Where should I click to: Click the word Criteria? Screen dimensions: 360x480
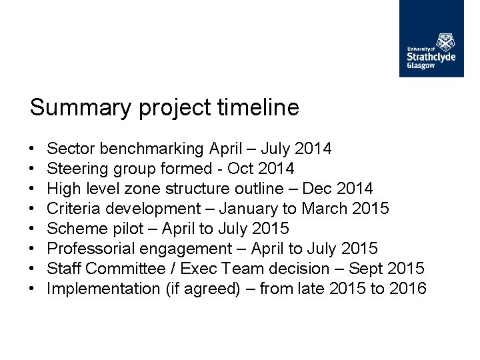pos(75,208)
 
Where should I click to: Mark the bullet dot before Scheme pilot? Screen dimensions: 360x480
pos(33,229)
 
